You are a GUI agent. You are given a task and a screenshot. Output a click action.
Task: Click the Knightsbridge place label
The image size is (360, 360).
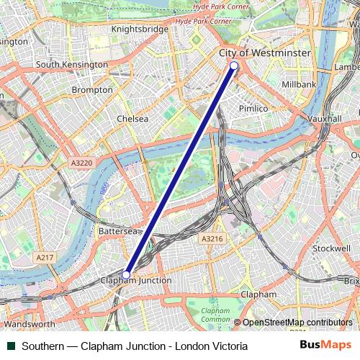coord(140,29)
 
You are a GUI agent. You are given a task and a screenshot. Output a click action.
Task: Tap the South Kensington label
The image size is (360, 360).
coord(72,65)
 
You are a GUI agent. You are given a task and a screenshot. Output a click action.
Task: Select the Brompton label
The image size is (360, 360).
coord(92,90)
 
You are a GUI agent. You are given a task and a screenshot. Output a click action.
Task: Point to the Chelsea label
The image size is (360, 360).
coord(132,119)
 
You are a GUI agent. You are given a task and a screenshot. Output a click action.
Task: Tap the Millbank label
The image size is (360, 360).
coord(299,84)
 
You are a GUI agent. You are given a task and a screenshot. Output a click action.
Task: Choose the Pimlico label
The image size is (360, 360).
coord(253,108)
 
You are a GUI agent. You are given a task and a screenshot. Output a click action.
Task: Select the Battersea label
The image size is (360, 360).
coord(117,231)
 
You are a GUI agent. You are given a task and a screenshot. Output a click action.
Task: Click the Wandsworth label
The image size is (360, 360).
coord(29,324)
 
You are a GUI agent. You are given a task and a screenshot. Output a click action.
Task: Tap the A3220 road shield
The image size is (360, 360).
coord(81,163)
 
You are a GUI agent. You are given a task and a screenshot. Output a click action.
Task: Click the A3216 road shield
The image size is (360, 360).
coord(212,238)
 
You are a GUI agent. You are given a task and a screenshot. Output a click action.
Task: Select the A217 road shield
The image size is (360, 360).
coord(44,256)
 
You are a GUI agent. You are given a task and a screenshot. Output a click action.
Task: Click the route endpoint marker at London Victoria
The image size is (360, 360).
coord(234,66)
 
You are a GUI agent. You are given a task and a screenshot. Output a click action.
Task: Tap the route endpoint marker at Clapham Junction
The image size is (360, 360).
coord(126,274)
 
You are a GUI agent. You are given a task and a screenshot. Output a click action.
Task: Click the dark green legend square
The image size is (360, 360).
coord(11,346)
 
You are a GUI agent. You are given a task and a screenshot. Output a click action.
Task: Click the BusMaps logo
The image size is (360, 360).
coord(325,346)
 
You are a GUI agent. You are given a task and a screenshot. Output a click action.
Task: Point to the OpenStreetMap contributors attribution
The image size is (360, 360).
coord(297,323)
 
